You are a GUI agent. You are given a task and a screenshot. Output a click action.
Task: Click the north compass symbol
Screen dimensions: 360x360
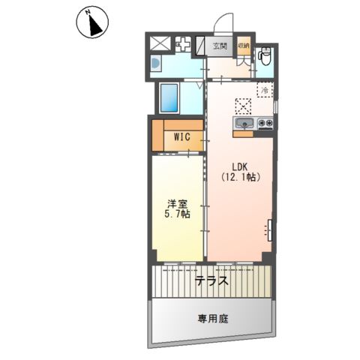(92, 22)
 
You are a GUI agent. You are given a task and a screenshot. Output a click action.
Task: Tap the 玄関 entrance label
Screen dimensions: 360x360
(220, 46)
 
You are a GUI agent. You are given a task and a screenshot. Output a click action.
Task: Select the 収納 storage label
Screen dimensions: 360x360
(244, 46)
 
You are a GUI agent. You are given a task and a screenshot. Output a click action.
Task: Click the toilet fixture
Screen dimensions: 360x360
(265, 55)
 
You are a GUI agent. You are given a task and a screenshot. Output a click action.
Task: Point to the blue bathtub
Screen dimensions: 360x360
(169, 97)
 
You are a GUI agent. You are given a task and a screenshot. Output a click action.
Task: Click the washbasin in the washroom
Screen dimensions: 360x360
(156, 63)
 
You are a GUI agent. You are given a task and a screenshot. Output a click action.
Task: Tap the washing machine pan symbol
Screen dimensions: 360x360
(183, 44)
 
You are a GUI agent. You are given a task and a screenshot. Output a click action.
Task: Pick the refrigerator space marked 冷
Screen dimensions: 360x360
(265, 89)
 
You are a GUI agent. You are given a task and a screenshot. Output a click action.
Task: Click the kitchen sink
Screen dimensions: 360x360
(244, 123)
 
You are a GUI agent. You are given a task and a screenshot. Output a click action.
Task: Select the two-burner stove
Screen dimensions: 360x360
(265, 123)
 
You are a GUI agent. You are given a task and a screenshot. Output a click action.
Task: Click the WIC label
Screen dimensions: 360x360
(182, 136)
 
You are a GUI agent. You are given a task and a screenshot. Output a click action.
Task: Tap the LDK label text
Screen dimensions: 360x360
(239, 166)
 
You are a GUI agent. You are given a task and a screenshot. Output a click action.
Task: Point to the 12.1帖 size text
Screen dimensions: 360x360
(241, 177)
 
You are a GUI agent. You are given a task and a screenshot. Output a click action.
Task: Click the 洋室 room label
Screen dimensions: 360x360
(177, 205)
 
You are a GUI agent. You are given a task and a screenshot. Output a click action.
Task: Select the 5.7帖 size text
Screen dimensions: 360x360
(177, 214)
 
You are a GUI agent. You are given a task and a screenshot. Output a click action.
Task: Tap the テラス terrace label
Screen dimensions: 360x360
(211, 280)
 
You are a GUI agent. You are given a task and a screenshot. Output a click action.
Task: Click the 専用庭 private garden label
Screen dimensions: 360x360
(213, 319)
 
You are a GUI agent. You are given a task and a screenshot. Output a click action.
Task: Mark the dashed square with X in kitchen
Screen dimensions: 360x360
(243, 106)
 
